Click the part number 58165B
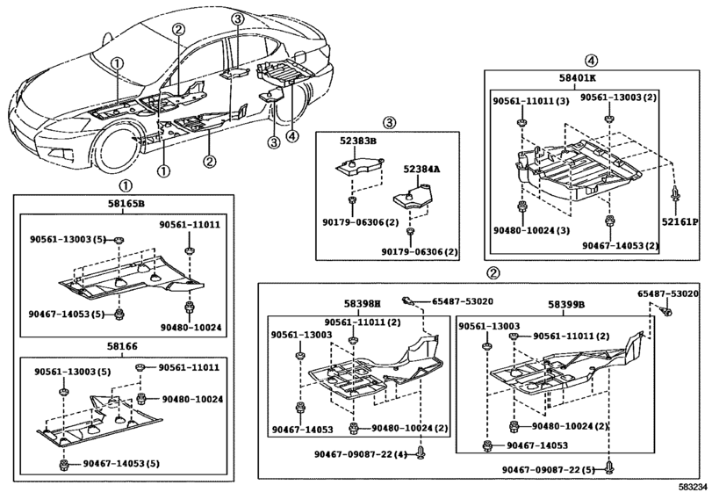click(126, 204)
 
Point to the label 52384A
click(421, 168)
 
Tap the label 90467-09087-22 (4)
click(359, 453)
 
